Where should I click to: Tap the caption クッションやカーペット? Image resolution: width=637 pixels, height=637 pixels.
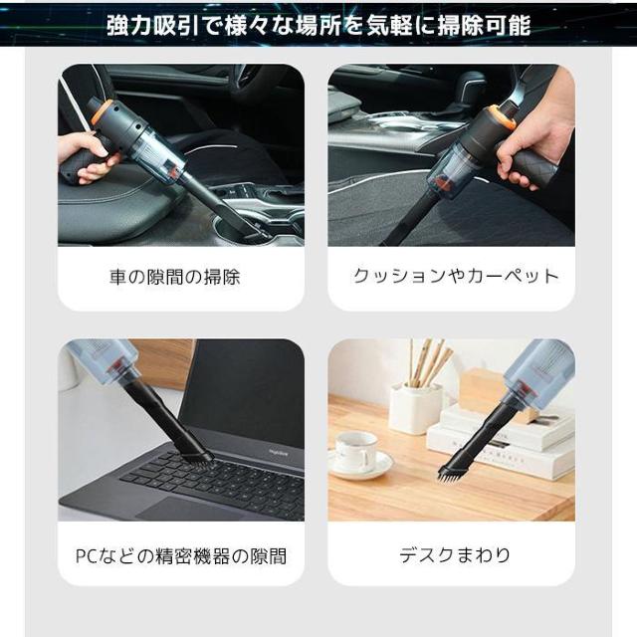point(456,277)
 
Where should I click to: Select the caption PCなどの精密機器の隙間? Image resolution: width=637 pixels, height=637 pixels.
point(181,554)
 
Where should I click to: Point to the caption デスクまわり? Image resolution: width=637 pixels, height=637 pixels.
point(452,554)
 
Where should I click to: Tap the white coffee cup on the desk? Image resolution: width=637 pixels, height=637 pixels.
point(355,450)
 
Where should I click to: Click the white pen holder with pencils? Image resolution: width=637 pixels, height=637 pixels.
point(415,407)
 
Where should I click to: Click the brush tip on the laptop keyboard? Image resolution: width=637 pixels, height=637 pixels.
point(194,456)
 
